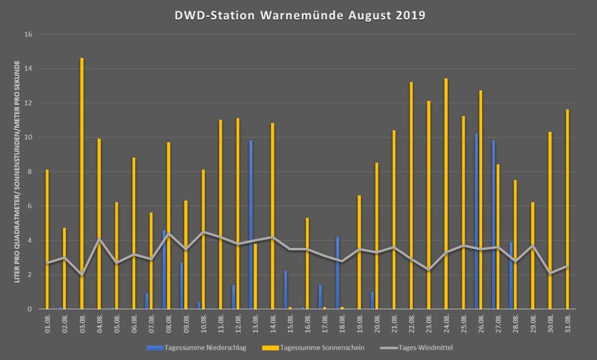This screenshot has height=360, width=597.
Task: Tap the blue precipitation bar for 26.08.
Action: click(476, 221)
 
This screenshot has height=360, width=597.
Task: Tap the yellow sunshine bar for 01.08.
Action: click(47, 239)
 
